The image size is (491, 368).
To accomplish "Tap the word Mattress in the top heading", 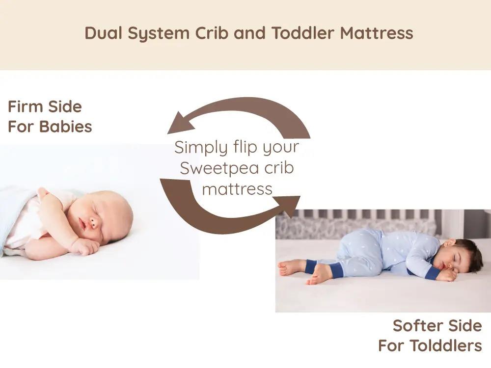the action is click(x=377, y=33).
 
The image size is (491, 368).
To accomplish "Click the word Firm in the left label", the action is click(x=26, y=106).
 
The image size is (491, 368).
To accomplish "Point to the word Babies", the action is click(x=66, y=127).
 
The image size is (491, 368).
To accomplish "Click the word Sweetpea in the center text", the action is click(x=219, y=168).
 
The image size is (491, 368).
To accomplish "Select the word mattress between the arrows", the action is click(x=237, y=189).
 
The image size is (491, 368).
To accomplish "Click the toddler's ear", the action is click(x=449, y=243).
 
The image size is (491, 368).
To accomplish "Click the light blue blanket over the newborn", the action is click(x=15, y=213).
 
